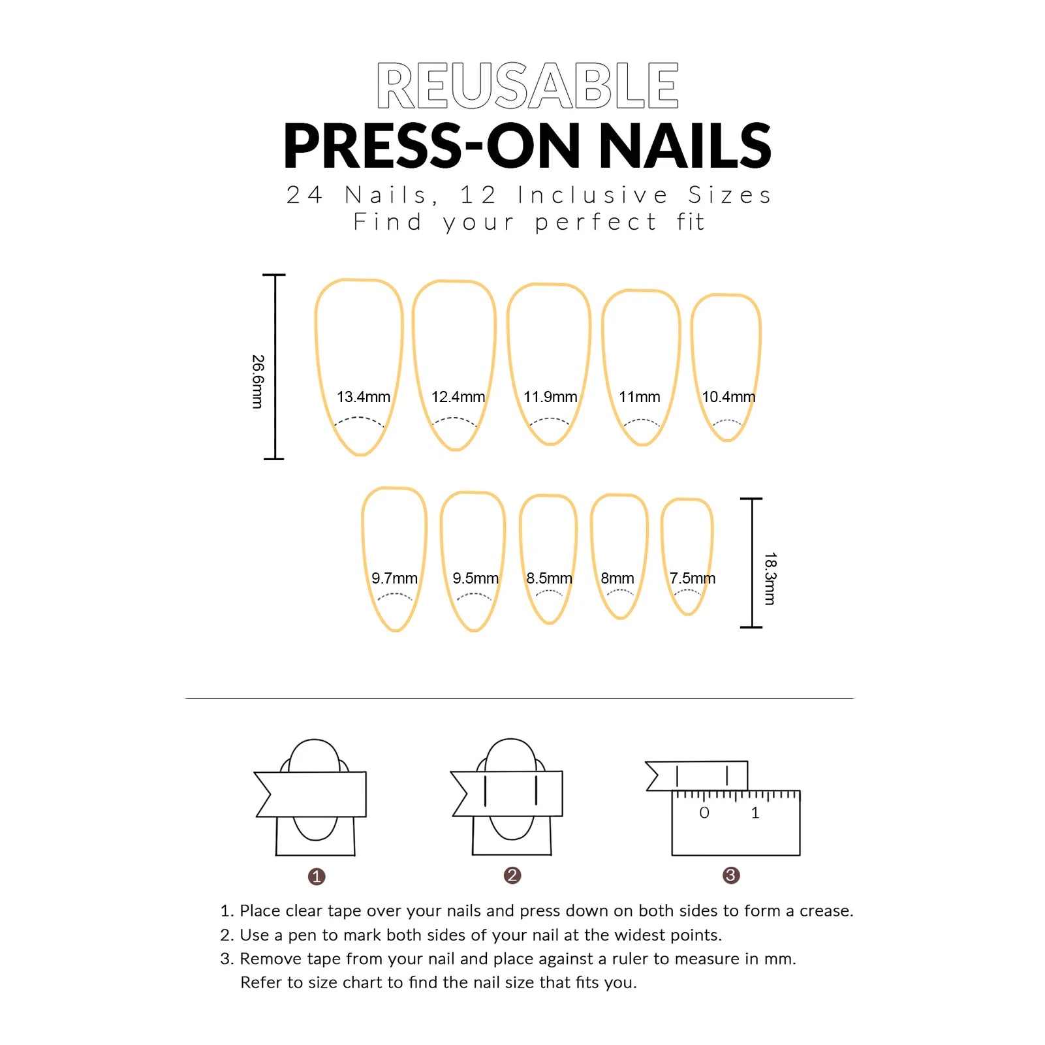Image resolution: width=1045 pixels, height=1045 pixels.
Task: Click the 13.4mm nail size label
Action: tap(363, 397)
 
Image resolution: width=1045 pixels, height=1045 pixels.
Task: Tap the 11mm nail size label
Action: tap(639, 397)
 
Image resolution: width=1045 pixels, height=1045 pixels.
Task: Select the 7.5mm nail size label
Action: tap(692, 578)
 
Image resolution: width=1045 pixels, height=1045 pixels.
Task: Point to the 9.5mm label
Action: tap(475, 578)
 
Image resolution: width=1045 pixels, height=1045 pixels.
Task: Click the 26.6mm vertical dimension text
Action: tap(258, 382)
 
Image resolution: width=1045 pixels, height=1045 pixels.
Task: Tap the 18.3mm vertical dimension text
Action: tap(770, 578)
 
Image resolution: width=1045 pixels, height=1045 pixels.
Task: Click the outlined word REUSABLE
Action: tap(527, 86)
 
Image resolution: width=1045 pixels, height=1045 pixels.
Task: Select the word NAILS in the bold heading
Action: tap(685, 146)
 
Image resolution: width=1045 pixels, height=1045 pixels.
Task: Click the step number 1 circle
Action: tap(317, 876)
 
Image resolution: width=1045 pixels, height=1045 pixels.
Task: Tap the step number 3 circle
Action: tap(731, 875)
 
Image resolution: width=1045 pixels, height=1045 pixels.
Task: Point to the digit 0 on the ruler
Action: tap(704, 813)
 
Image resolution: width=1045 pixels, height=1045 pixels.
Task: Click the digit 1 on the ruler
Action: tap(755, 813)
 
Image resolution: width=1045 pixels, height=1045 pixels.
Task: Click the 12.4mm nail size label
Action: tap(458, 397)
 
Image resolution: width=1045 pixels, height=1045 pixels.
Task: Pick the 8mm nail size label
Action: tap(617, 578)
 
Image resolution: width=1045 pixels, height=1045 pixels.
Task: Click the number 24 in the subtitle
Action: tap(304, 195)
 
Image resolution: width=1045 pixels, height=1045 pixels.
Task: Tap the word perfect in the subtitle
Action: tap(595, 223)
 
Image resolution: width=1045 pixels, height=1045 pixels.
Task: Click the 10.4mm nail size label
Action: tap(728, 397)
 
